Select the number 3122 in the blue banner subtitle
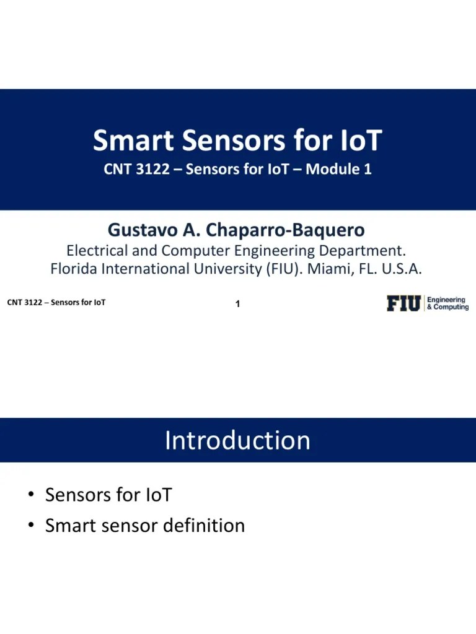[150, 169]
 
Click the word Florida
[74, 269]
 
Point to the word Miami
[327, 269]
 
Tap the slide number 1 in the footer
[238, 304]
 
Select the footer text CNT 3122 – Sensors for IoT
[56, 303]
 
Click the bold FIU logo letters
[404, 303]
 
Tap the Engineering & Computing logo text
[447, 303]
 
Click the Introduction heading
[237, 440]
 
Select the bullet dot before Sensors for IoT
[30, 495]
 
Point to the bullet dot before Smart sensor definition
[30, 526]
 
